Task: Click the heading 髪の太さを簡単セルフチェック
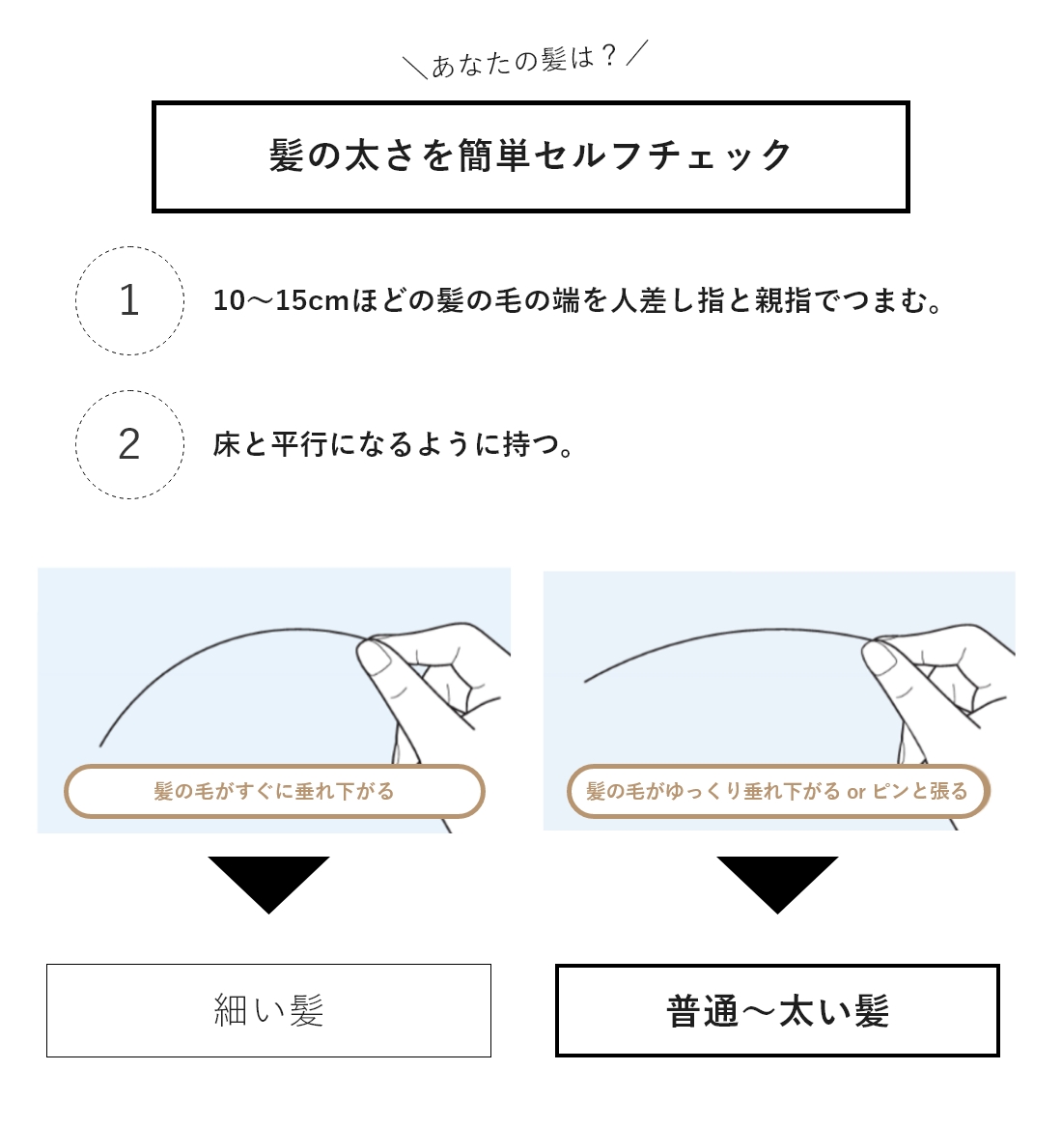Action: [x=530, y=156]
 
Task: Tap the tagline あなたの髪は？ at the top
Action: [x=524, y=61]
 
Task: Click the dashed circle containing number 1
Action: [x=129, y=300]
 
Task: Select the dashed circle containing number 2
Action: [x=129, y=444]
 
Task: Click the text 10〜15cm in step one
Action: [x=281, y=300]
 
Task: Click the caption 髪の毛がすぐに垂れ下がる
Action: [x=274, y=791]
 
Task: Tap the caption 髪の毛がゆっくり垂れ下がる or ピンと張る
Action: [x=777, y=791]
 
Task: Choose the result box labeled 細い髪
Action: [x=268, y=1010]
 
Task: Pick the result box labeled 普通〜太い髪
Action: [x=777, y=1010]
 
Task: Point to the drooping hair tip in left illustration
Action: [x=101, y=744]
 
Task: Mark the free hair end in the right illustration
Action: [x=586, y=681]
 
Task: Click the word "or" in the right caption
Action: [x=856, y=792]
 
